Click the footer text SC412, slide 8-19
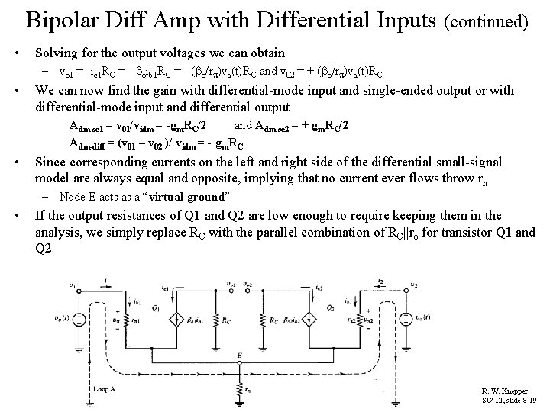point(507,400)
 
